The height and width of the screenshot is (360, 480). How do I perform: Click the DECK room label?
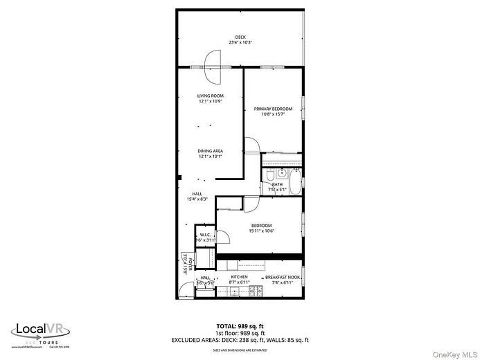click(x=240, y=37)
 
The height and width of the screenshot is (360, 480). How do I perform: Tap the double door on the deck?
click(x=211, y=61)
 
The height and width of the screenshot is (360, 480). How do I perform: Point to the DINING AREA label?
click(x=210, y=150)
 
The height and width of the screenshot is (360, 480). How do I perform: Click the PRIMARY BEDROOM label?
click(x=273, y=109)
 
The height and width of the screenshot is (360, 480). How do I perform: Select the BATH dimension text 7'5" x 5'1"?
click(x=277, y=188)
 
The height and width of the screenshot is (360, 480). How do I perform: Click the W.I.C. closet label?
click(x=205, y=235)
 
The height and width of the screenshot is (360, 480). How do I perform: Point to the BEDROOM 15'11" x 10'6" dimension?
click(x=261, y=231)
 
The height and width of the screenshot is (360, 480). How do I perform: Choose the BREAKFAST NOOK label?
click(x=283, y=277)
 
